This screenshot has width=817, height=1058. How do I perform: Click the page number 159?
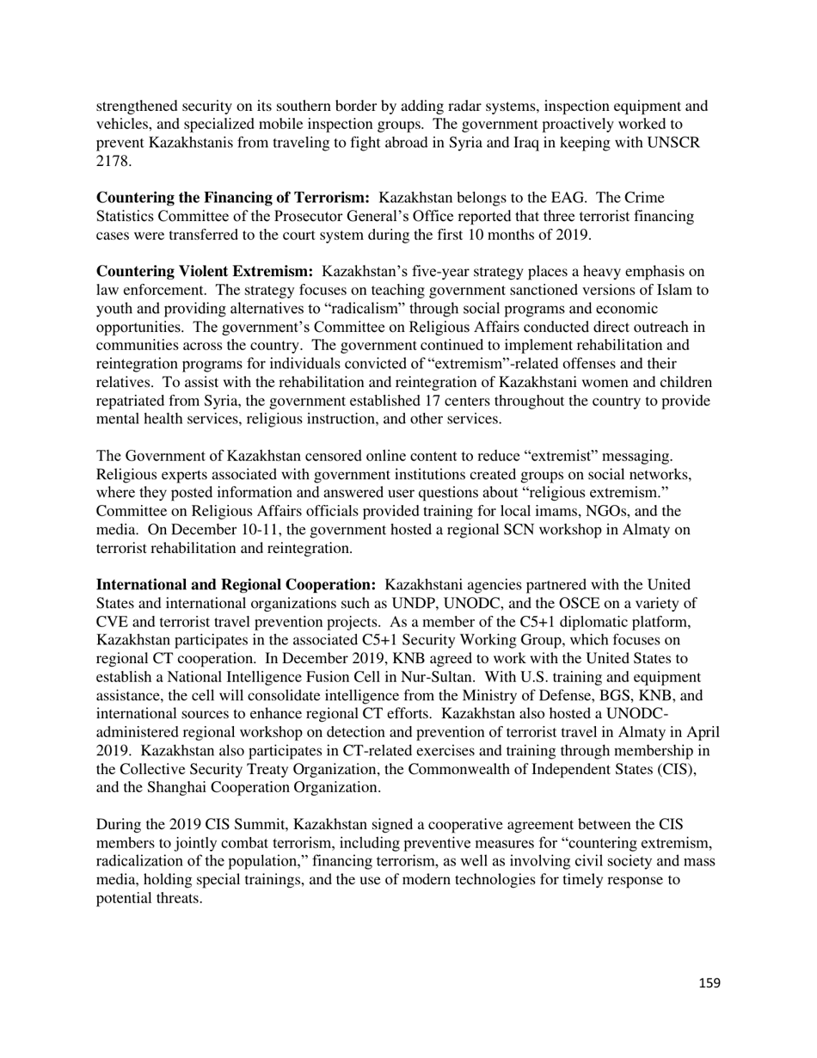click(x=709, y=983)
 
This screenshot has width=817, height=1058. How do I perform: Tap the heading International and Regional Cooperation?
click(x=236, y=585)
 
